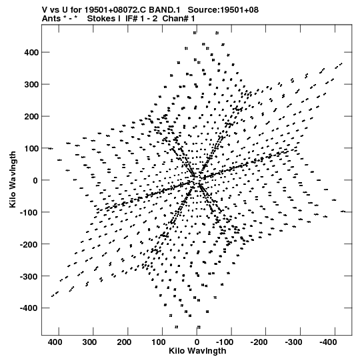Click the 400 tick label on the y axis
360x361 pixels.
(31, 53)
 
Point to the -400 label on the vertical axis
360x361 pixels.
(29, 308)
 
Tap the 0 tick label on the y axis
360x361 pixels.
(35, 180)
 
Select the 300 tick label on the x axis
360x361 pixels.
(89, 342)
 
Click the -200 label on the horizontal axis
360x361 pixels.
(259, 342)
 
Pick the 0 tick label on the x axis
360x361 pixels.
(197, 342)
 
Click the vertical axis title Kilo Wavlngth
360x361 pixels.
(13, 179)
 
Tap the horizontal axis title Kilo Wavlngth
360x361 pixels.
(197, 351)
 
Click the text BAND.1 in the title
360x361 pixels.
(165, 10)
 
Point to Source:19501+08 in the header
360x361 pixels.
(223, 10)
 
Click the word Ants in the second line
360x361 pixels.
(51, 19)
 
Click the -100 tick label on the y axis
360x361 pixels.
(29, 212)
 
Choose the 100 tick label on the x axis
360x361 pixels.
(159, 342)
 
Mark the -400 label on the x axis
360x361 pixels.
(328, 342)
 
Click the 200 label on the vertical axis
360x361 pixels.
(31, 117)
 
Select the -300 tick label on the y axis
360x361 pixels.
(29, 276)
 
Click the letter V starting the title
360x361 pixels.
(45, 10)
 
